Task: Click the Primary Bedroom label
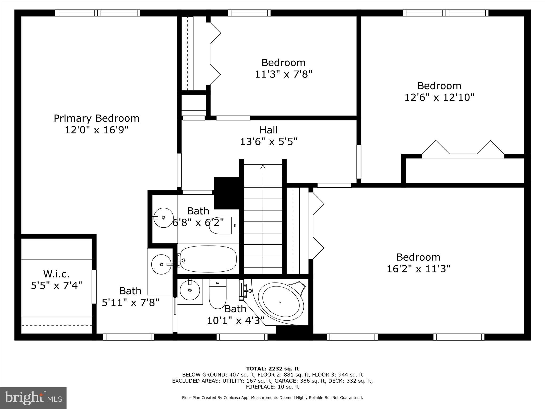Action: pyautogui.click(x=96, y=118)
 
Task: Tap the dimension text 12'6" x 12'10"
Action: pyautogui.click(x=439, y=97)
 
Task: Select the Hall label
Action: pyautogui.click(x=269, y=130)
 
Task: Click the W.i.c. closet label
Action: pyautogui.click(x=56, y=273)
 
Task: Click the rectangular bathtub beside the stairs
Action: pyautogui.click(x=207, y=259)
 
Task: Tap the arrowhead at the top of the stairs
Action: pyautogui.click(x=263, y=167)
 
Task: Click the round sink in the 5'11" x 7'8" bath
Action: pyautogui.click(x=161, y=264)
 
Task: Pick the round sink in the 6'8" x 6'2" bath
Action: pyautogui.click(x=163, y=218)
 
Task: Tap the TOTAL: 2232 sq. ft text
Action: pyautogui.click(x=272, y=369)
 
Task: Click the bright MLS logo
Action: pyautogui.click(x=33, y=398)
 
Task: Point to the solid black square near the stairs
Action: pyautogui.click(x=227, y=193)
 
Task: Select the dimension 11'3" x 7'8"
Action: pyautogui.click(x=283, y=74)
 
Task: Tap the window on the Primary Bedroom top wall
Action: pyautogui.click(x=98, y=13)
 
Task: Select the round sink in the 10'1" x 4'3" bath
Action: pyautogui.click(x=190, y=290)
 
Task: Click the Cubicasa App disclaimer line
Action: pyautogui.click(x=272, y=398)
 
